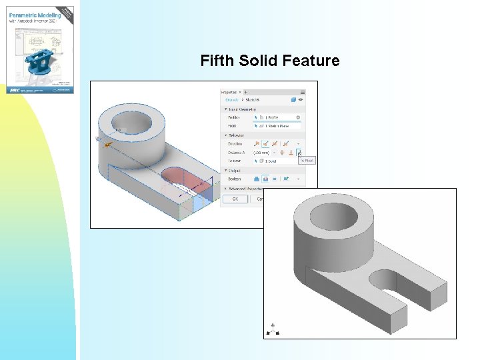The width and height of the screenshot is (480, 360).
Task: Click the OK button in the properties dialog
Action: pyautogui.click(x=235, y=199)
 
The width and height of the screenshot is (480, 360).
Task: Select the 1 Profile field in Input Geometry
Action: pyautogui.click(x=273, y=117)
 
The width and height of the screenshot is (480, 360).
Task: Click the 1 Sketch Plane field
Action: pyautogui.click(x=275, y=126)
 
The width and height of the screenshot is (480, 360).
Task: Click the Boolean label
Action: pyautogui.click(x=234, y=179)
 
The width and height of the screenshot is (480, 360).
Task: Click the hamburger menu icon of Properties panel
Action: pyautogui.click(x=303, y=93)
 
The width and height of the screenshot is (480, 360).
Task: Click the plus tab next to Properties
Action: pyautogui.click(x=246, y=92)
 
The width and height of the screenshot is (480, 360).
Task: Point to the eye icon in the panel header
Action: pyautogui.click(x=300, y=99)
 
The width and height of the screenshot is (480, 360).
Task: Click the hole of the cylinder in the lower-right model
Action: pyautogui.click(x=331, y=216)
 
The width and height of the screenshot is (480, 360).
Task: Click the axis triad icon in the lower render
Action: pyautogui.click(x=273, y=329)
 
